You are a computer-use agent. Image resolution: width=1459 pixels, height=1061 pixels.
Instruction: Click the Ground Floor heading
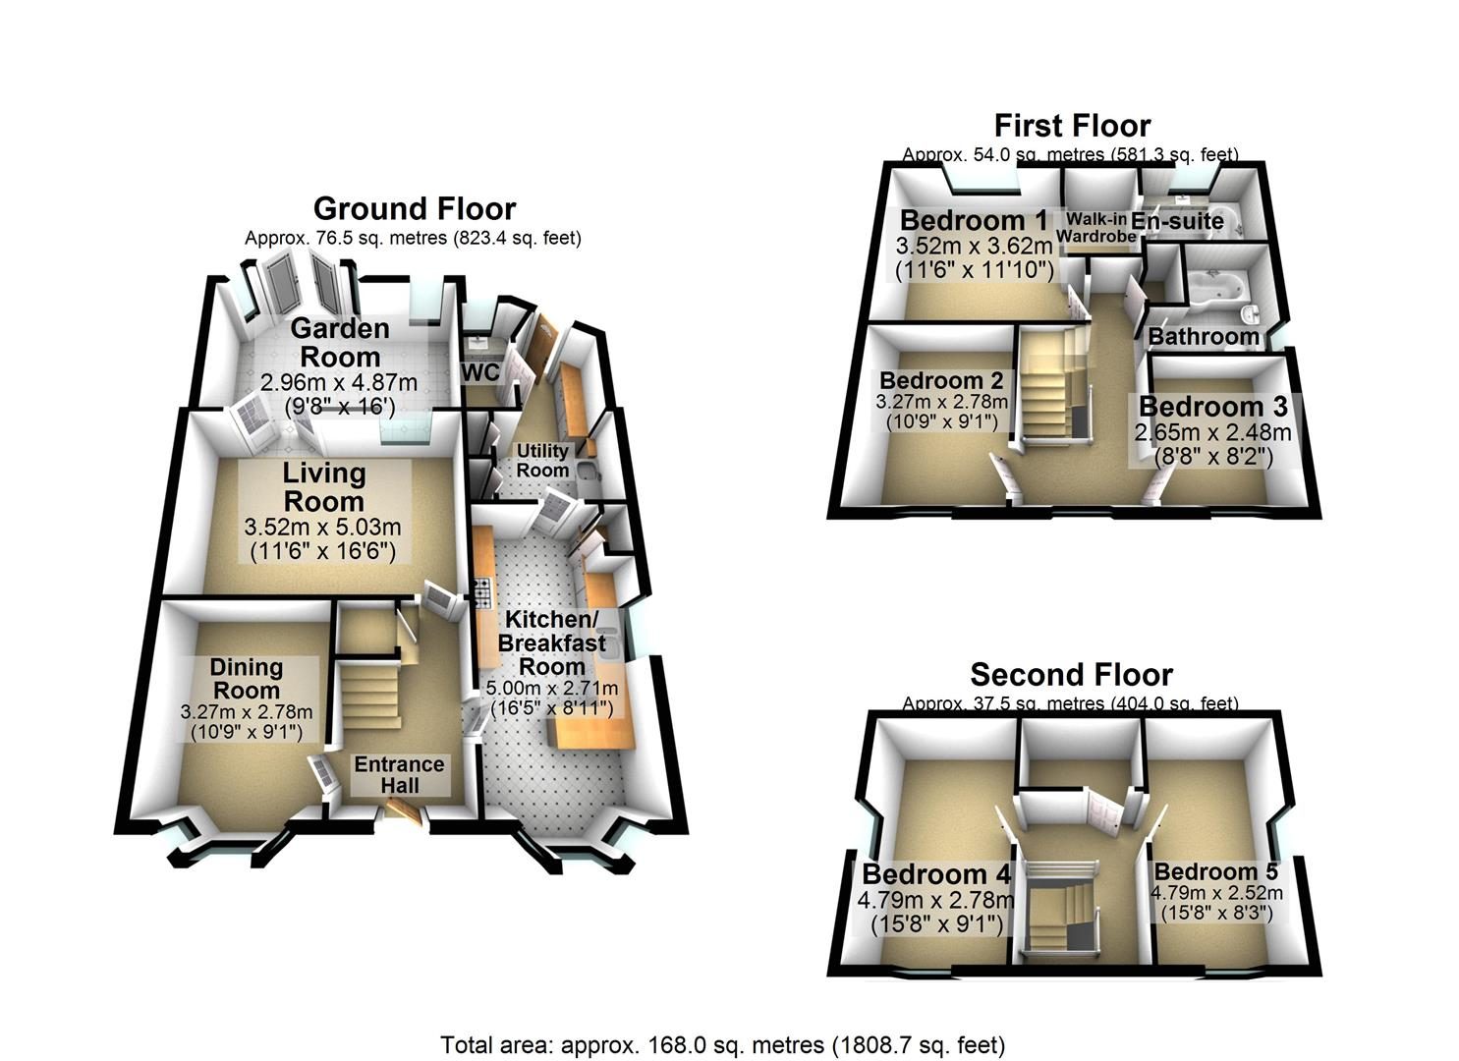tap(415, 209)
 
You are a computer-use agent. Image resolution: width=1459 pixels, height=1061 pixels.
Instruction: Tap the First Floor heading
tap(1072, 126)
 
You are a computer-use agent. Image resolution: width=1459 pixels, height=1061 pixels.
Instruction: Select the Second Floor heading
tap(1072, 675)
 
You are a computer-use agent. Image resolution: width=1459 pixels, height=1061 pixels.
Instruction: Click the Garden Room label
tap(340, 343)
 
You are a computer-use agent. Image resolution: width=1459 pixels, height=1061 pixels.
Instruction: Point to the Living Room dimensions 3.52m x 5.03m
tap(322, 527)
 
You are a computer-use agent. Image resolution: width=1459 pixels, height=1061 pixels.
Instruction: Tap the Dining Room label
tap(247, 679)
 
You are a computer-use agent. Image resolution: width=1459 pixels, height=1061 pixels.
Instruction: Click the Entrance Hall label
tap(399, 775)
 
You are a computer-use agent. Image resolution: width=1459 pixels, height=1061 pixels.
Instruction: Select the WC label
tap(480, 372)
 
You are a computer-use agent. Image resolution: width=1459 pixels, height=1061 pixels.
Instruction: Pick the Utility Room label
tap(542, 461)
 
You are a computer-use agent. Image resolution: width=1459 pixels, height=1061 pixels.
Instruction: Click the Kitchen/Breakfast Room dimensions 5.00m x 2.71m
tap(552, 688)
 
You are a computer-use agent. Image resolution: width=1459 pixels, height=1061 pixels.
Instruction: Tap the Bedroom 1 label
tap(974, 221)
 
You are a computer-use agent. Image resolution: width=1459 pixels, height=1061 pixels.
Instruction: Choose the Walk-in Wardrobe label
tap(1096, 228)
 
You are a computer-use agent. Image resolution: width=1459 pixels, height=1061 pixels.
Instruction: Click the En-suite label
tap(1178, 221)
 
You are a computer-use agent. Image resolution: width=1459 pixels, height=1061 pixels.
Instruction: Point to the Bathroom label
tap(1204, 337)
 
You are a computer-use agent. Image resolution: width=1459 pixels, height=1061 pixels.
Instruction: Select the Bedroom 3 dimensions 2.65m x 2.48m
tap(1212, 432)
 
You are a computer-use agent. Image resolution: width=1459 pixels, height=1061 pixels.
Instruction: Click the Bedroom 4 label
tap(936, 874)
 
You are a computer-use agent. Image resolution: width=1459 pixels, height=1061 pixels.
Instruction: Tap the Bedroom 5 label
tap(1216, 871)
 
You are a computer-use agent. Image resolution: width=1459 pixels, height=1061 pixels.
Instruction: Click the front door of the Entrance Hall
tap(402, 810)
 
